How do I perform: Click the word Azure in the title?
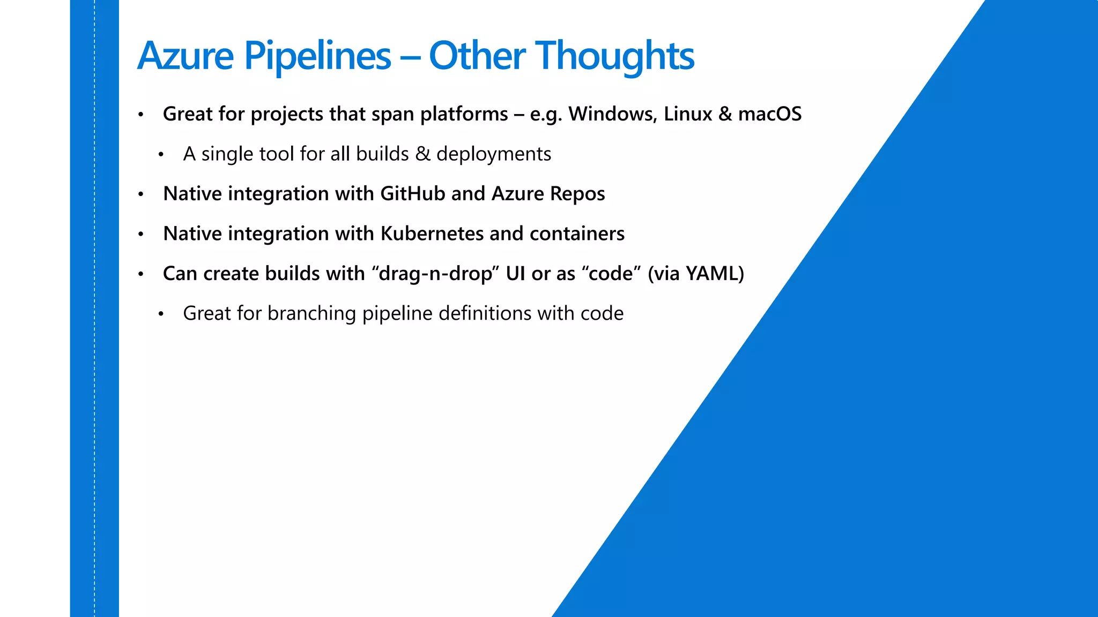[x=186, y=56]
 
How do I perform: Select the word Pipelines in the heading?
[x=317, y=56]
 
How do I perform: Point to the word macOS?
[x=769, y=114]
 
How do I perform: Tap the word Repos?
[x=577, y=194]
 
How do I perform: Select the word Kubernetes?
[x=432, y=234]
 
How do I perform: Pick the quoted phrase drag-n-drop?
[x=435, y=274]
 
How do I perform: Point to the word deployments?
[x=493, y=154]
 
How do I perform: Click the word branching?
[x=311, y=313]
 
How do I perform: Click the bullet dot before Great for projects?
[x=140, y=115]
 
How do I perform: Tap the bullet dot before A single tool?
[x=160, y=155]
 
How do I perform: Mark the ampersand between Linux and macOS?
[x=725, y=114]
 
